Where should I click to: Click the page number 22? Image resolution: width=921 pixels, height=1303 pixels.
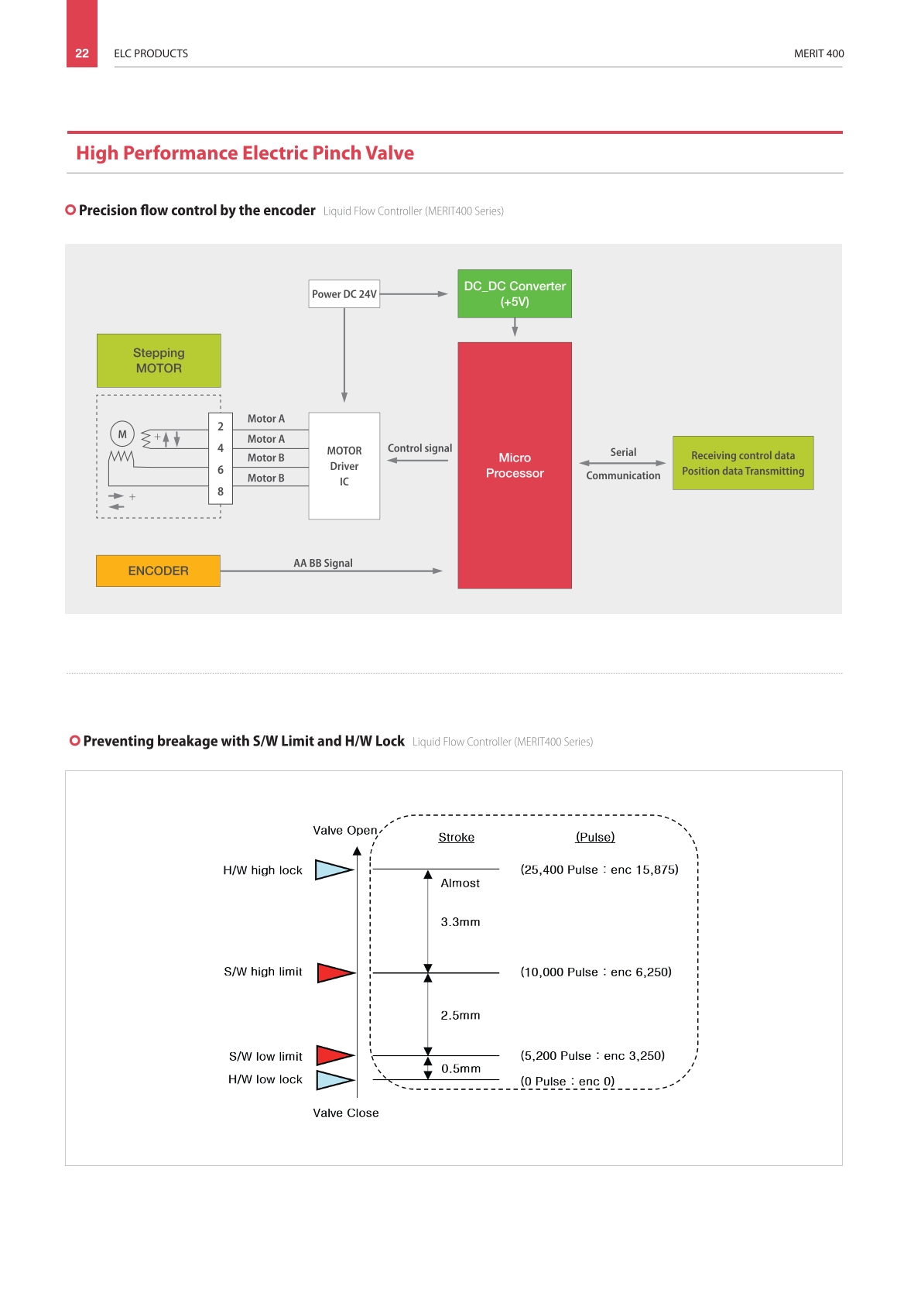coord(82,53)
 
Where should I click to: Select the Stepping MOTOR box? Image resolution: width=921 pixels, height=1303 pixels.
coord(159,361)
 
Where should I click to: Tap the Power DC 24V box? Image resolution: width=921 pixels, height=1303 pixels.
coord(344,293)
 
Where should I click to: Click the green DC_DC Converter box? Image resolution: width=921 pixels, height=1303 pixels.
coord(515,293)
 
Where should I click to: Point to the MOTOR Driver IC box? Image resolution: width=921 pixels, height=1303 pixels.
coord(344,466)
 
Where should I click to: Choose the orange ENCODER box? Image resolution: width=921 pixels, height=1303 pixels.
coord(158,571)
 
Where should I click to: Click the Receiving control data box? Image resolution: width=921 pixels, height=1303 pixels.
coord(743,463)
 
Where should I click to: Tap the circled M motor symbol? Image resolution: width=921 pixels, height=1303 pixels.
coord(122,434)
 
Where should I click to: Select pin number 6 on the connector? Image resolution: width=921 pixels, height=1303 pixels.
coord(221,469)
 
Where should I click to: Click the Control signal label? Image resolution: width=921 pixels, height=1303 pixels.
coord(419,448)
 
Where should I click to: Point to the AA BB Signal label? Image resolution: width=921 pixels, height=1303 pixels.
coord(323,563)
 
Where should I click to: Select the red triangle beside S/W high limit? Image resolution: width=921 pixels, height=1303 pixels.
coord(336,972)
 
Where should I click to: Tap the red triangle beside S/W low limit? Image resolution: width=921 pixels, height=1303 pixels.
coord(335,1055)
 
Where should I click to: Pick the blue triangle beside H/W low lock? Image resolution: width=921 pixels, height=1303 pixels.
coord(335,1080)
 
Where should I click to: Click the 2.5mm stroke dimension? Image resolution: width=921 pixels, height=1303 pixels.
coord(460,1015)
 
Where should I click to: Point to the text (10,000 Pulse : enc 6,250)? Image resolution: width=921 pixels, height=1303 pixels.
coord(596,972)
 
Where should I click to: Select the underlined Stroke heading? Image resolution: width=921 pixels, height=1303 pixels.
coord(457,837)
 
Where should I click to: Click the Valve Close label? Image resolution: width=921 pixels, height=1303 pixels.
coord(346,1113)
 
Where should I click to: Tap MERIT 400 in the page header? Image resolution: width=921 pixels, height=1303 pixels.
coord(819,53)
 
